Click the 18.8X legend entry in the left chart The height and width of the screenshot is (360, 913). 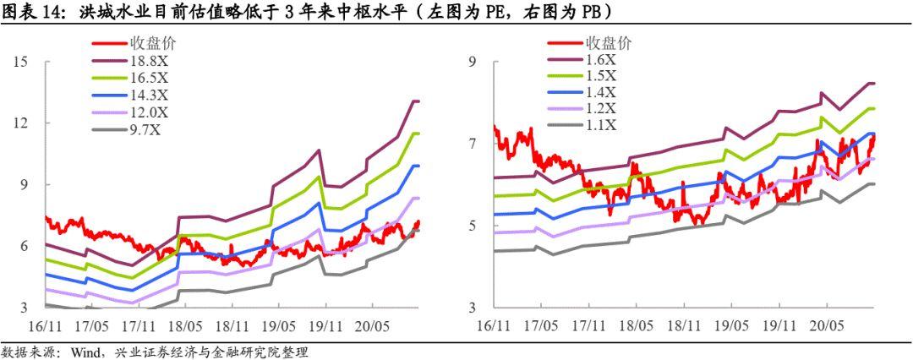[149, 61]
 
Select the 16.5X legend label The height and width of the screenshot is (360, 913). [149, 77]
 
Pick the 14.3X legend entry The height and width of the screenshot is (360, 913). [149, 94]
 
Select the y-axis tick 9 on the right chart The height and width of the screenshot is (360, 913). [476, 62]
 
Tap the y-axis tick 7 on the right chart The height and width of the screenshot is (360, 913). [476, 144]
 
